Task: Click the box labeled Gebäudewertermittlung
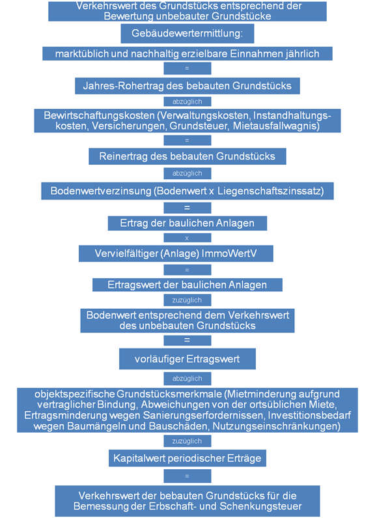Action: pos(187,33)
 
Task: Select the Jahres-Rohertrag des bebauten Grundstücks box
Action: pos(187,86)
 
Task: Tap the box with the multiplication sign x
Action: pos(187,238)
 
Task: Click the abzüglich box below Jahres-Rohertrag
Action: pos(187,102)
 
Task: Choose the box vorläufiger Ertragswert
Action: pos(187,359)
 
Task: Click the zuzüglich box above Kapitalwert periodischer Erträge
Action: pos(187,441)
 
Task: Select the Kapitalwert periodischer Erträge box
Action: pos(187,458)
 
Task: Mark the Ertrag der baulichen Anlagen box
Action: pos(187,223)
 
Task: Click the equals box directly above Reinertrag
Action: pos(187,140)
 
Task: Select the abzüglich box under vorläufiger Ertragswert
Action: pos(187,379)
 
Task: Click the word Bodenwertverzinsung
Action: pos(101,192)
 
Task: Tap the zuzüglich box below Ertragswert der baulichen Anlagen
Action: pos(187,300)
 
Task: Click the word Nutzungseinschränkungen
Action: pos(276,426)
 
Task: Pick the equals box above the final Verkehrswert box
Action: pos(187,476)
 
